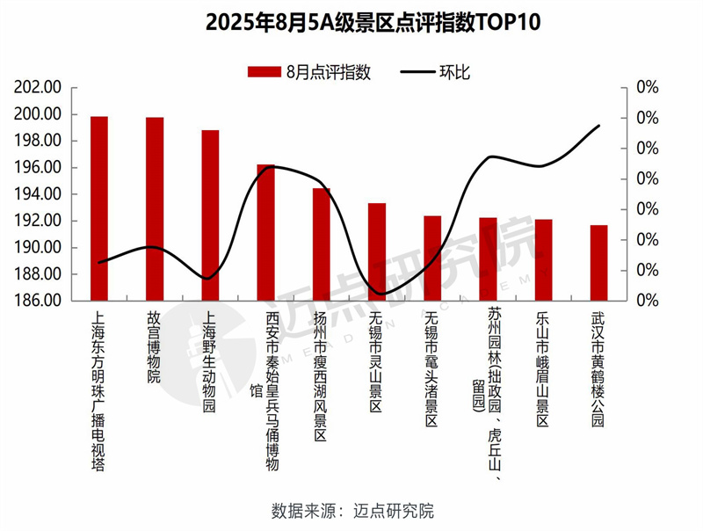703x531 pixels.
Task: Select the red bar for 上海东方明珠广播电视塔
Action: click(x=99, y=208)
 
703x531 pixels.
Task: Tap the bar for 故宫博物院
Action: click(x=155, y=208)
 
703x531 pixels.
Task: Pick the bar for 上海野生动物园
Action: click(x=210, y=215)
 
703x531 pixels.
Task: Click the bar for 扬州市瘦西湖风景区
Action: click(x=322, y=244)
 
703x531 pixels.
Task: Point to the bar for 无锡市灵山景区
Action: click(x=377, y=251)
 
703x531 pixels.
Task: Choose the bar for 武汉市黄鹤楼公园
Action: click(x=599, y=263)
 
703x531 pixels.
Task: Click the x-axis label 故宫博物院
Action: click(x=155, y=349)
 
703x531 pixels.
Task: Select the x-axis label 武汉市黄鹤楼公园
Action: click(x=599, y=369)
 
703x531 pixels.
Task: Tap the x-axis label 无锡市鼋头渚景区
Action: click(x=432, y=369)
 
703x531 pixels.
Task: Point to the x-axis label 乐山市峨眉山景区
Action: click(x=544, y=369)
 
